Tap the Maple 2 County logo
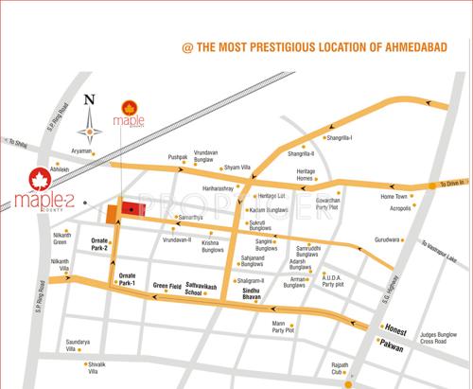coord(39,192)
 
